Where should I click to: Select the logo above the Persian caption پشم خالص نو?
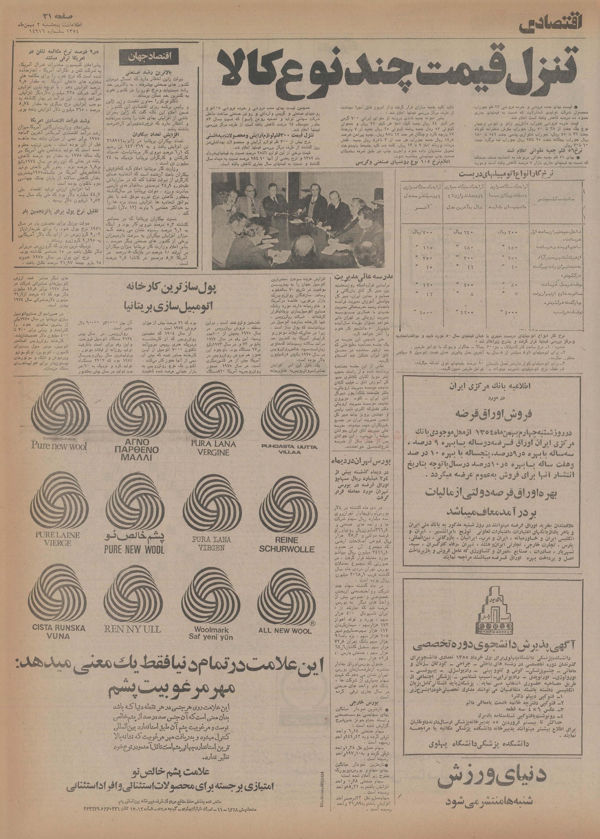[134, 502]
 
